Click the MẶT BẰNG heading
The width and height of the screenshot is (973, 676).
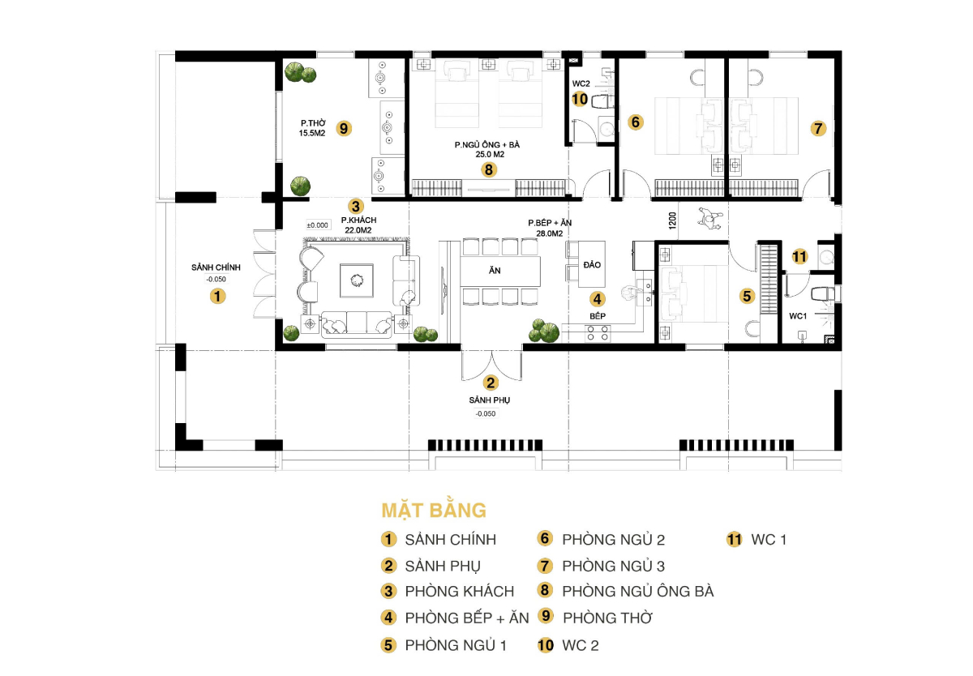pyautogui.click(x=434, y=511)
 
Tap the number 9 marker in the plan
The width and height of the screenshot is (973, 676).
pyautogui.click(x=344, y=128)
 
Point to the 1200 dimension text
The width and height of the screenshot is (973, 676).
pyautogui.click(x=672, y=221)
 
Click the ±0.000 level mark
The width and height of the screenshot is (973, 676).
pyautogui.click(x=317, y=225)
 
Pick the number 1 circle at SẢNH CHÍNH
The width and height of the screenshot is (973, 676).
pyautogui.click(x=216, y=297)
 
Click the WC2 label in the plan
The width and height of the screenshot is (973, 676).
pyautogui.click(x=581, y=83)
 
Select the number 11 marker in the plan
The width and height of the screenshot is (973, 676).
pyautogui.click(x=799, y=257)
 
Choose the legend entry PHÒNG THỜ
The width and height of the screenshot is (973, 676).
pyautogui.click(x=607, y=618)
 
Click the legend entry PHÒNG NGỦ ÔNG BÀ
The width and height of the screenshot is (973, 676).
pyautogui.click(x=637, y=592)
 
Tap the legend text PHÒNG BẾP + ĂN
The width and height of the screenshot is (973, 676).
pyautogui.click(x=466, y=618)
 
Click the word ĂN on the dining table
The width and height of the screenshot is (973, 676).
pyautogui.click(x=494, y=272)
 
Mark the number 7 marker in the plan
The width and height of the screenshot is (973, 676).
pyautogui.click(x=817, y=128)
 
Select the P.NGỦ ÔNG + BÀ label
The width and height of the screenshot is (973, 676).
pyautogui.click(x=486, y=149)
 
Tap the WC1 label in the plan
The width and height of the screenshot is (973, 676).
pyautogui.click(x=799, y=315)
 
